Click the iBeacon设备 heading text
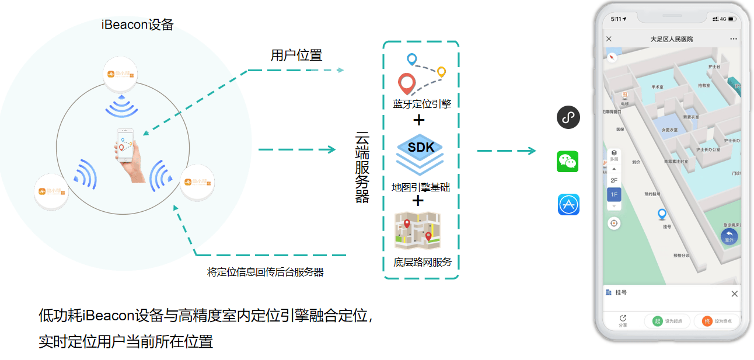click(137, 25)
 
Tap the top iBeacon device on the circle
click(121, 75)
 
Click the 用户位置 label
click(296, 55)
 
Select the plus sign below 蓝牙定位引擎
click(418, 121)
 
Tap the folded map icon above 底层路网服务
click(418, 231)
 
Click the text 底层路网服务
click(423, 262)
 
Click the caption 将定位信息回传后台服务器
click(266, 272)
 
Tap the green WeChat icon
click(568, 161)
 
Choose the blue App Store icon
click(568, 205)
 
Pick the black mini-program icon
click(568, 117)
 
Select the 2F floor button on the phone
click(614, 180)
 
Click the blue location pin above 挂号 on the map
click(662, 214)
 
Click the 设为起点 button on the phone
click(668, 321)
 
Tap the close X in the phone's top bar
click(609, 39)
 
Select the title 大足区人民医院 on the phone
click(671, 39)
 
